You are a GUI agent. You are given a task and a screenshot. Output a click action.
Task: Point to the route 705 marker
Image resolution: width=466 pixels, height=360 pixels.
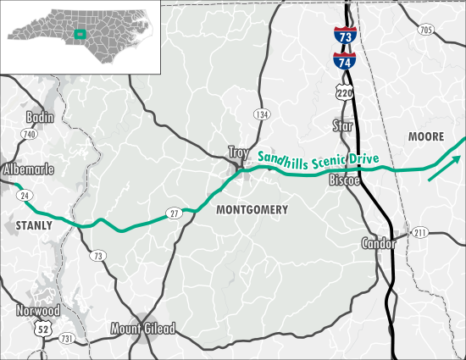(425, 30)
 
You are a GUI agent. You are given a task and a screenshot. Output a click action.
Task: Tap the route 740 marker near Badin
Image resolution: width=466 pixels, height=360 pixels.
(30, 134)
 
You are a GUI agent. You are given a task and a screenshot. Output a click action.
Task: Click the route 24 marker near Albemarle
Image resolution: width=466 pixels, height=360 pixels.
(20, 195)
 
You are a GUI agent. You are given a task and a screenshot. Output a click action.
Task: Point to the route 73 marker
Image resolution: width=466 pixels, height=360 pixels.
(99, 255)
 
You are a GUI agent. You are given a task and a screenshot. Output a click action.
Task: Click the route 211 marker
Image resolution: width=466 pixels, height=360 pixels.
(420, 232)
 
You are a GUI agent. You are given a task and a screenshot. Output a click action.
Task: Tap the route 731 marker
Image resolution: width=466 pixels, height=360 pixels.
(67, 338)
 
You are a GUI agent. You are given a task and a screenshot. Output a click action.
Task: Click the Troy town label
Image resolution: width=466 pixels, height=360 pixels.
(237, 152)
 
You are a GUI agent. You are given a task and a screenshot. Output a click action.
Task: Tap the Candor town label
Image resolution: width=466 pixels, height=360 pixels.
(378, 244)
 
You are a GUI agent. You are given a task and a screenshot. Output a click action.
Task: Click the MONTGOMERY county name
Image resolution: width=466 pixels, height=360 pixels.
(252, 209)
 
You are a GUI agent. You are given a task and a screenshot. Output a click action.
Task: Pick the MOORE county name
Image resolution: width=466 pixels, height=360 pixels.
(425, 136)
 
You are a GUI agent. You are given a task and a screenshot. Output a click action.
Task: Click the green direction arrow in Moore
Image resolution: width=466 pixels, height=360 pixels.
(445, 168)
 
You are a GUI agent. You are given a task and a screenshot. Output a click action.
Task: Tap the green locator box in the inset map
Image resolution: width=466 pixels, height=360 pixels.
(79, 34)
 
